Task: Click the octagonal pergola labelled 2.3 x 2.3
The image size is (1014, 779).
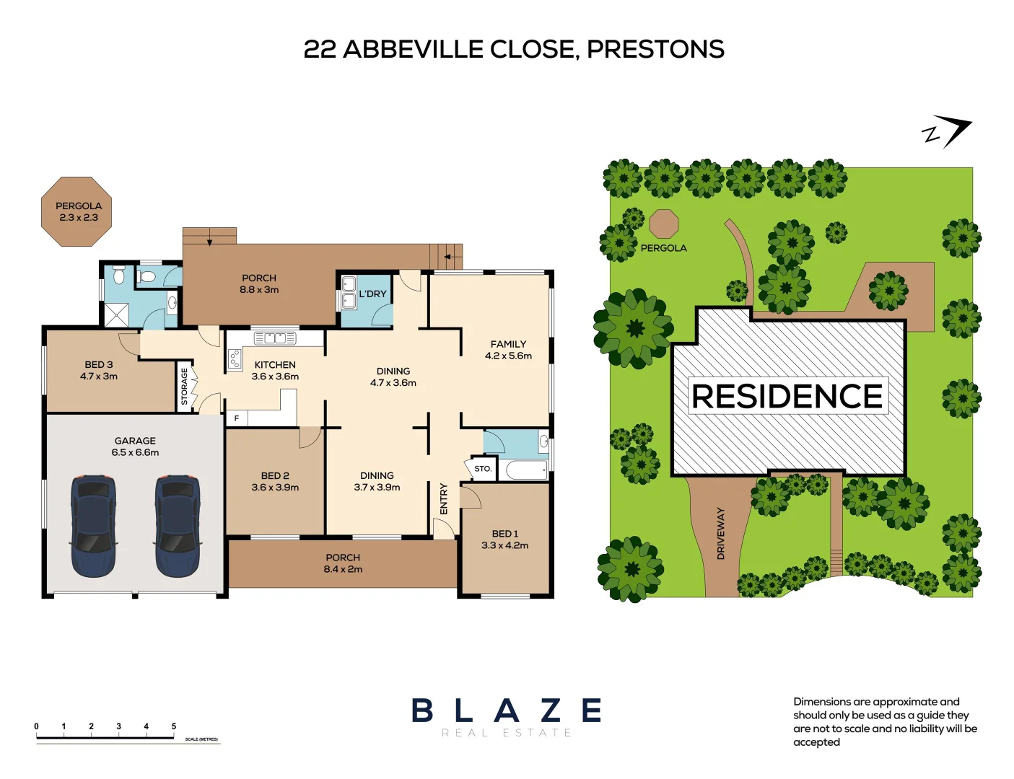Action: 77,211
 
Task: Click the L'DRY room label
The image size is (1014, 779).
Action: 372,294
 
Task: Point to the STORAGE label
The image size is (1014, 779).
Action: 184,387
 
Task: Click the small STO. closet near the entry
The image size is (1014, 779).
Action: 483,469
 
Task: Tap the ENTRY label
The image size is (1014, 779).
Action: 444,498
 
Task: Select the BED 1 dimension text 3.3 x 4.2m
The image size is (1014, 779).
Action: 504,545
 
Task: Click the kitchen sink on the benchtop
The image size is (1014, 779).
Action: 274,338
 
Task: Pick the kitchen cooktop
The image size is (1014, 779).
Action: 235,358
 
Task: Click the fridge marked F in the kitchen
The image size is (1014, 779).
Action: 236,418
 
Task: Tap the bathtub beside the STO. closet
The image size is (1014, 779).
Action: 526,471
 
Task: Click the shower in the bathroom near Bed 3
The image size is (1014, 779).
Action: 117,314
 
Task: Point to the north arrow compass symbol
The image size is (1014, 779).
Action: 948,132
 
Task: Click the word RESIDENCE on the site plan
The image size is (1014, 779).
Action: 787,396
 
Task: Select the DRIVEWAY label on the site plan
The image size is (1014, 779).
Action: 720,533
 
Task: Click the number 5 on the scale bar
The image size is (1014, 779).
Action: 173,726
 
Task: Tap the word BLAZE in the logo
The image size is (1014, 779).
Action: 506,710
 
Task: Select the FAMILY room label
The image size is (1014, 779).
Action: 508,344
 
